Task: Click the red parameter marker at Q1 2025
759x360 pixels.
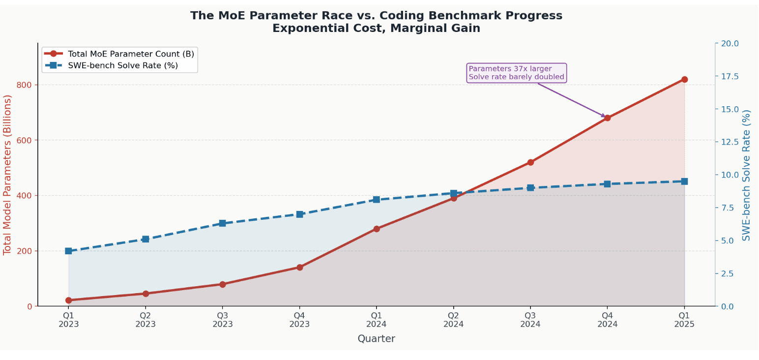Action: (684, 79)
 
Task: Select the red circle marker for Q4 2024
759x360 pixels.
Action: (607, 118)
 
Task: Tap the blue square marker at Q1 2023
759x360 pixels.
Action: (69, 251)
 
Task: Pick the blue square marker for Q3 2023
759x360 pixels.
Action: (223, 223)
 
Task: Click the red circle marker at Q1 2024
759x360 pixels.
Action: (377, 229)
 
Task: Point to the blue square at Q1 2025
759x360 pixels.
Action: (684, 181)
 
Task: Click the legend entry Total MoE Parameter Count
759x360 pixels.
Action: (131, 54)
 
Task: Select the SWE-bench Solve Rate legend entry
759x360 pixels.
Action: (122, 65)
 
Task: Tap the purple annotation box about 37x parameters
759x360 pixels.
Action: (516, 73)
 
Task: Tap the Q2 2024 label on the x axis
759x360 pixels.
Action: (453, 320)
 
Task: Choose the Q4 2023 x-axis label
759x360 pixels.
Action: (299, 320)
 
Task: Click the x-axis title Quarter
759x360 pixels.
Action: (376, 339)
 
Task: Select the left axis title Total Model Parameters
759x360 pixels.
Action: (7, 175)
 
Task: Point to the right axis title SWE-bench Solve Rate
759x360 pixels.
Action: (747, 175)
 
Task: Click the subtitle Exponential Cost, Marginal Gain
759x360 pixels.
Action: (376, 29)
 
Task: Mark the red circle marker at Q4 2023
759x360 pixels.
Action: (299, 267)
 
